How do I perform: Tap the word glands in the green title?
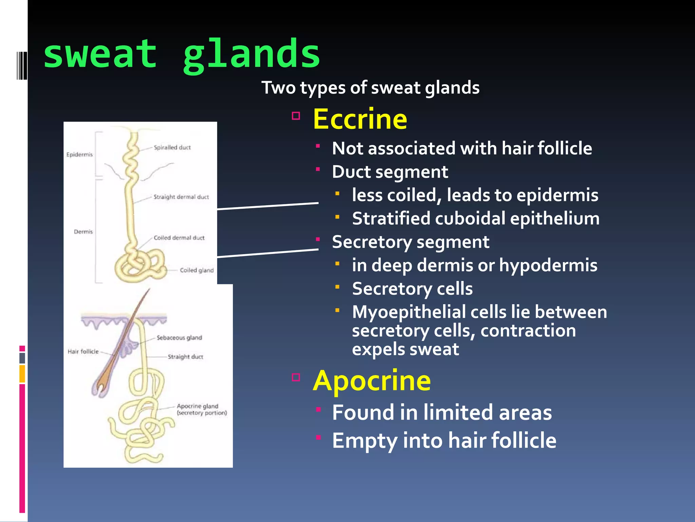pyautogui.click(x=251, y=54)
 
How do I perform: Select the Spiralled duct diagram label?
pyautogui.click(x=172, y=147)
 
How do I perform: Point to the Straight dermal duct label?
pyautogui.click(x=181, y=197)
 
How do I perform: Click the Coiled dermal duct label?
pyautogui.click(x=179, y=238)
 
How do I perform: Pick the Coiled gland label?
pyautogui.click(x=196, y=270)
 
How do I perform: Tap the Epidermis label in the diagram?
pyautogui.click(x=79, y=155)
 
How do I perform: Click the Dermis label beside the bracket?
pyautogui.click(x=83, y=232)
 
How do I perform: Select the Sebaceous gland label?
pyautogui.click(x=179, y=337)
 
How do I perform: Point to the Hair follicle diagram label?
pyautogui.click(x=83, y=351)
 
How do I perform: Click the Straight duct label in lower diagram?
pyautogui.click(x=185, y=356)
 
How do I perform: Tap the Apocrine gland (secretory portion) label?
pyautogui.click(x=202, y=410)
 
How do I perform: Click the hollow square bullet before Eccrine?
pyautogui.click(x=296, y=116)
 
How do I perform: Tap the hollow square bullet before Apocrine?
pyautogui.click(x=296, y=377)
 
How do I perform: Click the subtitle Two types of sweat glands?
pyautogui.click(x=370, y=88)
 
